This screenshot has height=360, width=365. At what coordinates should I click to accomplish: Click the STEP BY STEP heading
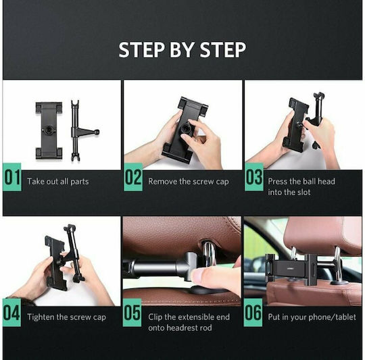182,49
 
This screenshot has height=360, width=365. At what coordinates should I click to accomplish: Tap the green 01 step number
12,177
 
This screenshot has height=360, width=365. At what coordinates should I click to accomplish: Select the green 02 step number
133,177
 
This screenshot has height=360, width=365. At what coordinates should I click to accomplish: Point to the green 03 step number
254,177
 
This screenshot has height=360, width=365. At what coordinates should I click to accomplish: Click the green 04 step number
11,313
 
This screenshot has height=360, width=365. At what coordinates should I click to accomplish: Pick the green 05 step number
132,313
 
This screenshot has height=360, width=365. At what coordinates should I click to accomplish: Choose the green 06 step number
253,313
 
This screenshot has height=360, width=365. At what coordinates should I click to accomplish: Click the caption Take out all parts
58,182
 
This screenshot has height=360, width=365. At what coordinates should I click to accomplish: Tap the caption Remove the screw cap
189,182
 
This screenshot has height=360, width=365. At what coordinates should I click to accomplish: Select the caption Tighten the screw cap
66,317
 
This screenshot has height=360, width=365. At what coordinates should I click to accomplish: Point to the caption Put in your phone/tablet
312,317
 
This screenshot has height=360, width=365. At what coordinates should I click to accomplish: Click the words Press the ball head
301,182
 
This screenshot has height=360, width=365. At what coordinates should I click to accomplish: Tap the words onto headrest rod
180,328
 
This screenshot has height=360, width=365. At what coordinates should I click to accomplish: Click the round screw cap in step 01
49,130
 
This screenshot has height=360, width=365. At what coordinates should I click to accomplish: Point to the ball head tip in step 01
97,132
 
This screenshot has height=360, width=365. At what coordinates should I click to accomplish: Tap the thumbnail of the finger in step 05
199,276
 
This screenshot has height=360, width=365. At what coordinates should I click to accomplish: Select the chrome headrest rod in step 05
208,253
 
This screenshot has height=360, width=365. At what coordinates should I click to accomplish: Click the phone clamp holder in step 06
290,265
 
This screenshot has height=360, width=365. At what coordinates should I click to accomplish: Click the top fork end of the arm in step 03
318,95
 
